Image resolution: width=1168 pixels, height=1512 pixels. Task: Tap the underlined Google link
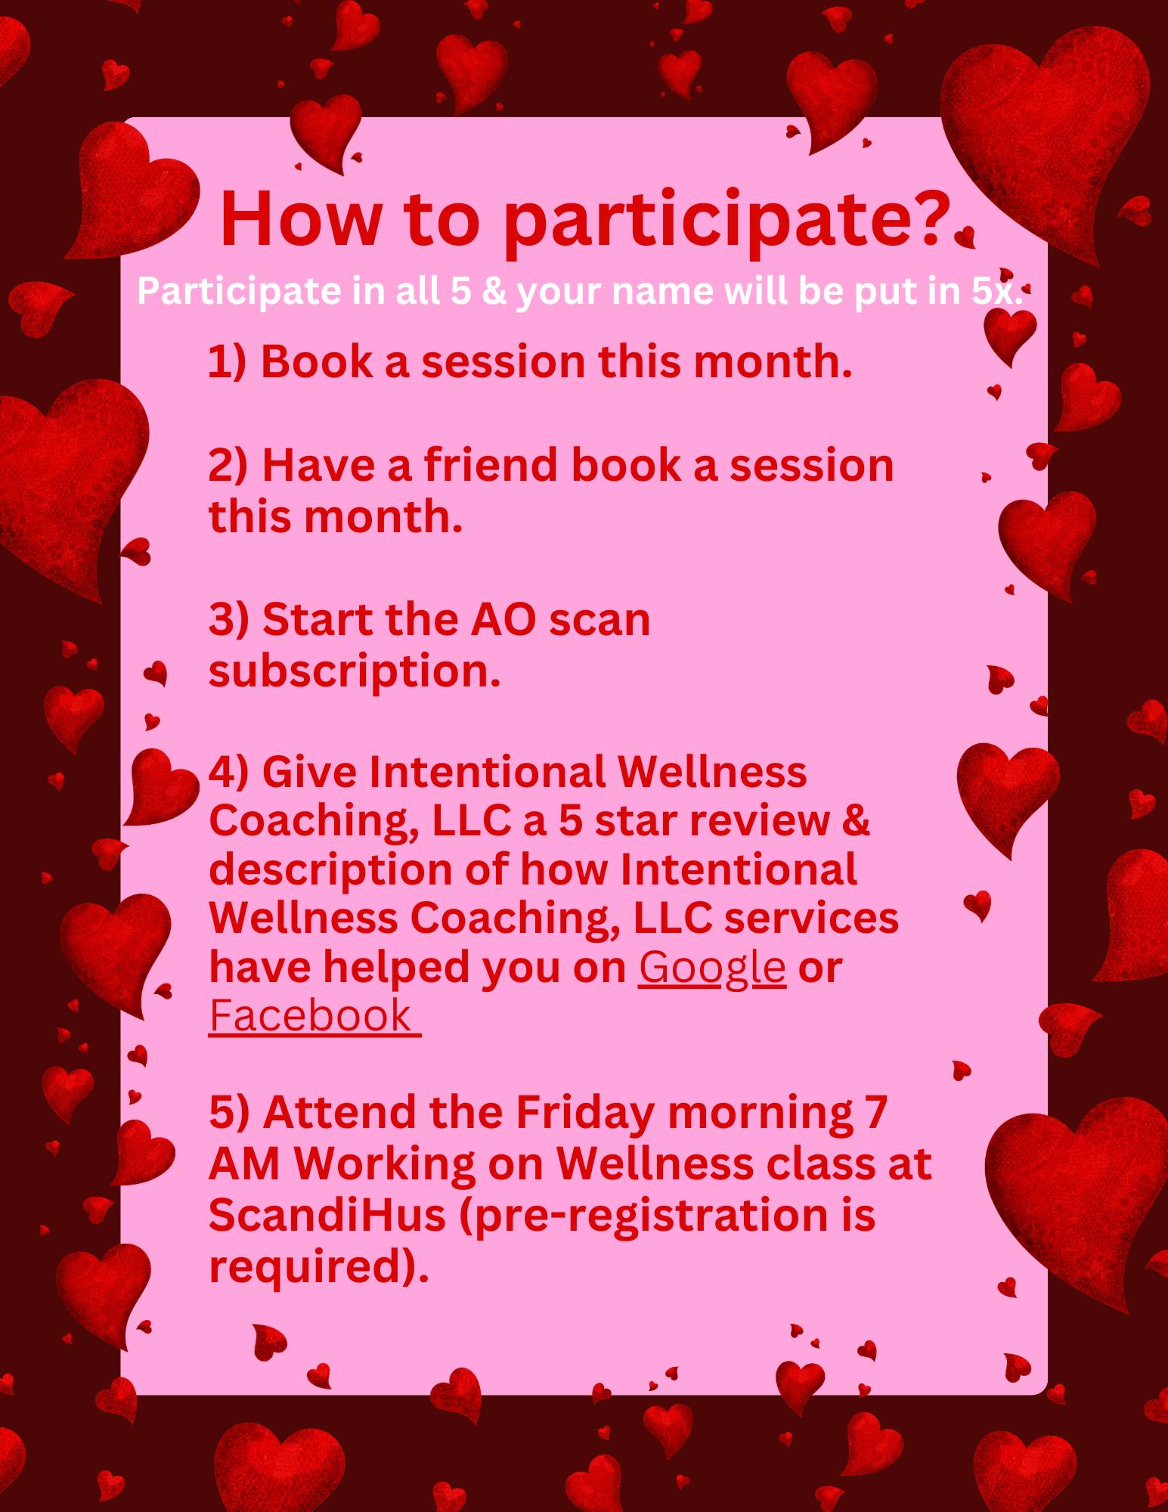coord(712,968)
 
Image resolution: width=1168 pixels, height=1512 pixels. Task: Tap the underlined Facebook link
coord(314,1015)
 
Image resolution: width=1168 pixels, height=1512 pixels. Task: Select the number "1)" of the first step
coord(228,361)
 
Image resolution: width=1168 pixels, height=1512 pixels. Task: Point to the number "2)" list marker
coord(228,465)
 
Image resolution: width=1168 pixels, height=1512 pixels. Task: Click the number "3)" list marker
coord(228,620)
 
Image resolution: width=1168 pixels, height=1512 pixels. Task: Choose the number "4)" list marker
coord(229,773)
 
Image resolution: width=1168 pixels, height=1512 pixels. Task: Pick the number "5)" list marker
coord(229,1113)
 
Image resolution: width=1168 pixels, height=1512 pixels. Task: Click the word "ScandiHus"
coord(327,1216)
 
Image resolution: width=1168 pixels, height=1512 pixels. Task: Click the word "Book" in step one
coord(317,361)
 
